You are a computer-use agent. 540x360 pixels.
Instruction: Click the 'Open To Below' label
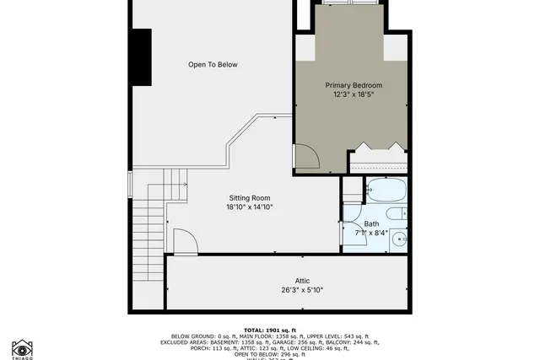pyautogui.click(x=213, y=64)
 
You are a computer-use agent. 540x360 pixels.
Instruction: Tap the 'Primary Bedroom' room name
pyautogui.click(x=354, y=85)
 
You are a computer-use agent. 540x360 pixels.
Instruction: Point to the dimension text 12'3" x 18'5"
pyautogui.click(x=354, y=94)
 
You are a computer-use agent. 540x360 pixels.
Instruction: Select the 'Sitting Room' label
pyautogui.click(x=249, y=198)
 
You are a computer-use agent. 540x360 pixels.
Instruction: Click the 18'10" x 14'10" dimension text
pyautogui.click(x=249, y=207)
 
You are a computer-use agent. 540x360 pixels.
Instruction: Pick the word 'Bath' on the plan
pyautogui.click(x=371, y=223)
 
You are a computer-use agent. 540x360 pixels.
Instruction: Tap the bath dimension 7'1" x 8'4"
pyautogui.click(x=371, y=233)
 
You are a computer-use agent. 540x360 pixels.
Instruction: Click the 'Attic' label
pyautogui.click(x=302, y=281)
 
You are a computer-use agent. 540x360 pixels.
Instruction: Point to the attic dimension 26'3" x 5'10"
pyautogui.click(x=302, y=290)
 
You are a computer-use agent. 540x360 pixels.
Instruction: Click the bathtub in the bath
pyautogui.click(x=387, y=190)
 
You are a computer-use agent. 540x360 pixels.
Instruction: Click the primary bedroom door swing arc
pyautogui.click(x=305, y=157)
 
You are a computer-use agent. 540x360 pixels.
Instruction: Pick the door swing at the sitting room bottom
pyautogui.click(x=185, y=242)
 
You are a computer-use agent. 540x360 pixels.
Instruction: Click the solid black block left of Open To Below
pyautogui.click(x=140, y=56)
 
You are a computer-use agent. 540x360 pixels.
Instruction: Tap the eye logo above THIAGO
pyautogui.click(x=22, y=347)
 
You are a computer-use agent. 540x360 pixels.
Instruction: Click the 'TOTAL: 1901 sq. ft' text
pyautogui.click(x=270, y=330)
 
